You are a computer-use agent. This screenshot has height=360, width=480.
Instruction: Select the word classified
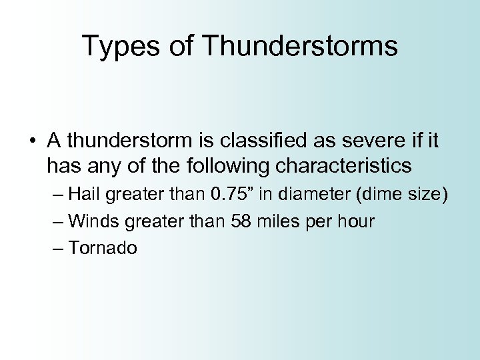tap(250, 141)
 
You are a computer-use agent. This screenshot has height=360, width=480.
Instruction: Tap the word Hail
tap(84, 194)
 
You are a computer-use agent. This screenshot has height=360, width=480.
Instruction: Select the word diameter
tap(311, 194)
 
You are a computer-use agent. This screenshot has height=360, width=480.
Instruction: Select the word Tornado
tap(103, 249)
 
